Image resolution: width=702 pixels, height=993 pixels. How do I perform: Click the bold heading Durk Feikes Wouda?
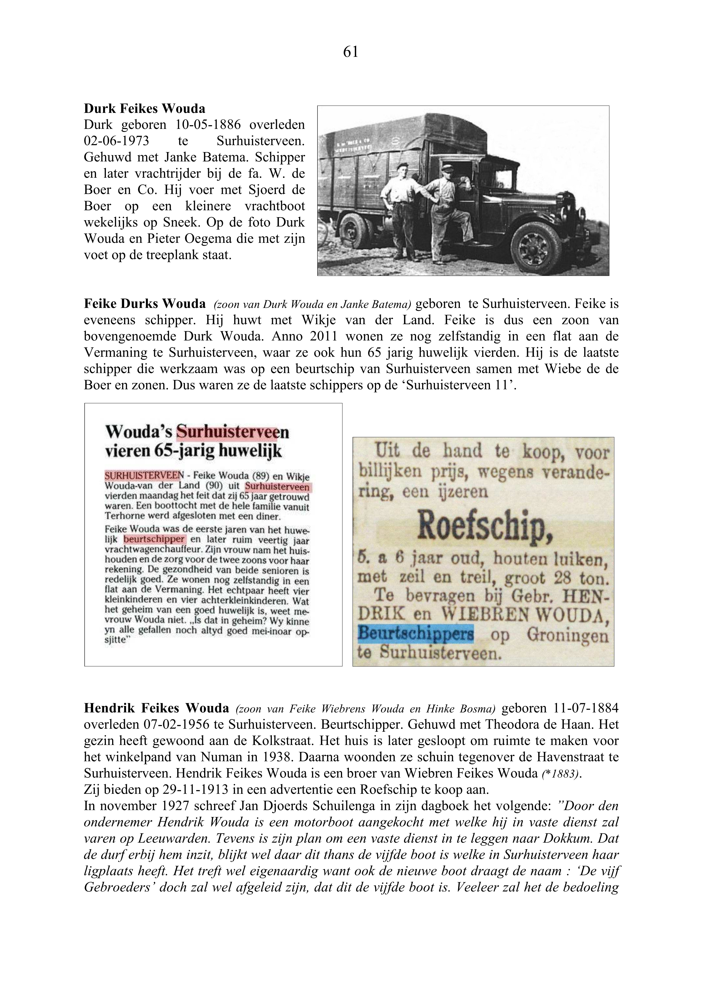tap(144, 108)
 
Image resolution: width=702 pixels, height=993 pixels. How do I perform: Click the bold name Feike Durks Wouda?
tap(144, 304)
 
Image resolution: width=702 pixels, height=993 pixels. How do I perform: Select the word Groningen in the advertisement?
tap(567, 635)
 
